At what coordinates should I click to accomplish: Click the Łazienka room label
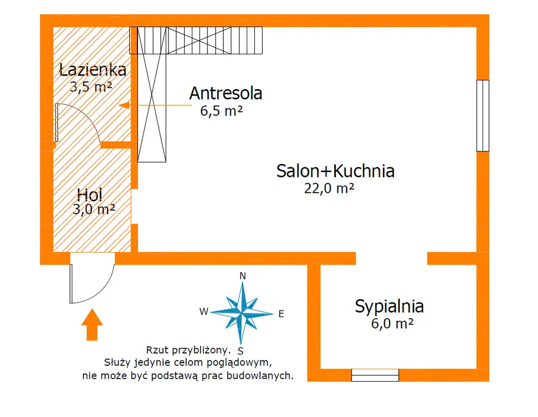(92, 69)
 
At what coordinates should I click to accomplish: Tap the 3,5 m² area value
(91, 86)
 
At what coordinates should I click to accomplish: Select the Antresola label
(226, 93)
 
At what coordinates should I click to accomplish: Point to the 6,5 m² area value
(221, 111)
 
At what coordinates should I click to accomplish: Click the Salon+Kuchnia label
(335, 171)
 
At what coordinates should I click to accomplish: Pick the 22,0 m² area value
(329, 188)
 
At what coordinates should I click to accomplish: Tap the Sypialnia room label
(389, 306)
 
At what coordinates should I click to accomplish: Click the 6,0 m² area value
(392, 324)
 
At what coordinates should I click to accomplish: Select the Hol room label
(90, 195)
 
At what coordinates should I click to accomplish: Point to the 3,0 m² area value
(93, 209)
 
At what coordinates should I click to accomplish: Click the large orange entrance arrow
(92, 325)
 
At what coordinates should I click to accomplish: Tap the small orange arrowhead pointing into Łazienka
(124, 105)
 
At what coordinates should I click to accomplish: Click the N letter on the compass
(242, 276)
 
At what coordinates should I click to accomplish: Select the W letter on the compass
(204, 311)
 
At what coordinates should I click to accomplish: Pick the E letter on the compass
(281, 314)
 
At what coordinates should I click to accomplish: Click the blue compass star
(241, 313)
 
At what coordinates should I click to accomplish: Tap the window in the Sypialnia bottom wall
(375, 375)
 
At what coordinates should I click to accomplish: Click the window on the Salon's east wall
(483, 116)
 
